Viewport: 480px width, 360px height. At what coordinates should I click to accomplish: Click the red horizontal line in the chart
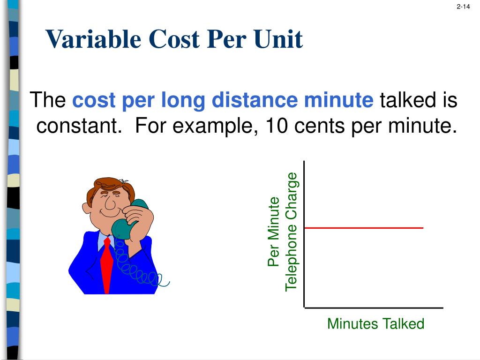click(x=363, y=228)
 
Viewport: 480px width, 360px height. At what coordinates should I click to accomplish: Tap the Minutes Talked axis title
click(x=375, y=323)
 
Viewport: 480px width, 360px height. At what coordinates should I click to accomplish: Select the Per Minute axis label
click(x=273, y=232)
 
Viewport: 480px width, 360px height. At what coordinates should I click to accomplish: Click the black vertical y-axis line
click(x=304, y=234)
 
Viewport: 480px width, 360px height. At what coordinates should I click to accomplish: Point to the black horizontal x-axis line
click(x=374, y=308)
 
